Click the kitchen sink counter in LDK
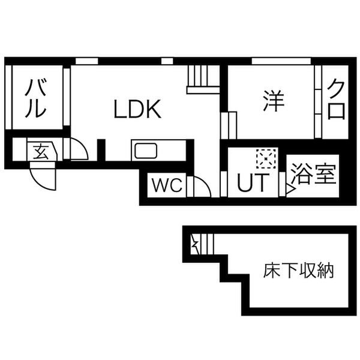[x=145, y=150]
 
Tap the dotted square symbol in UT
[x=265, y=158]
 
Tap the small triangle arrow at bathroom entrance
[x=289, y=191]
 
